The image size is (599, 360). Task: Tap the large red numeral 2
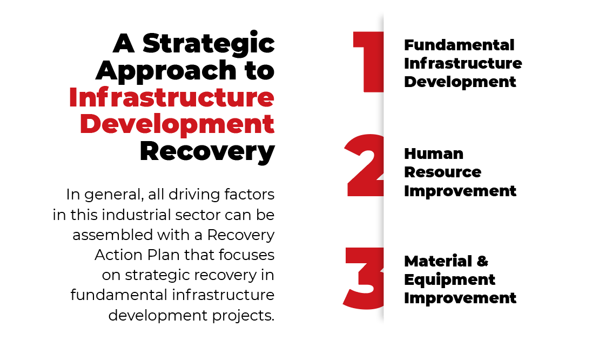(x=365, y=165)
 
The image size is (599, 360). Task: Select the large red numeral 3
(x=364, y=278)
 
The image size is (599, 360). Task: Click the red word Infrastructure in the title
(x=172, y=97)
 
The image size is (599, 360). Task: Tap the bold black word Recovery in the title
(x=207, y=152)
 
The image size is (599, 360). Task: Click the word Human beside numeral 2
(x=434, y=154)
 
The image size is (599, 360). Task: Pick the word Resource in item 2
(x=442, y=172)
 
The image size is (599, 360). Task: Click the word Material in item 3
(x=438, y=262)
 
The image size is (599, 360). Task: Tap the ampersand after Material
(x=482, y=262)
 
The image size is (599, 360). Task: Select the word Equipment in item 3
(x=449, y=280)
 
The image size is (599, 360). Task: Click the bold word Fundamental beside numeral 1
(x=459, y=45)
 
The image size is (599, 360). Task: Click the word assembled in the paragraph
(x=113, y=235)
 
